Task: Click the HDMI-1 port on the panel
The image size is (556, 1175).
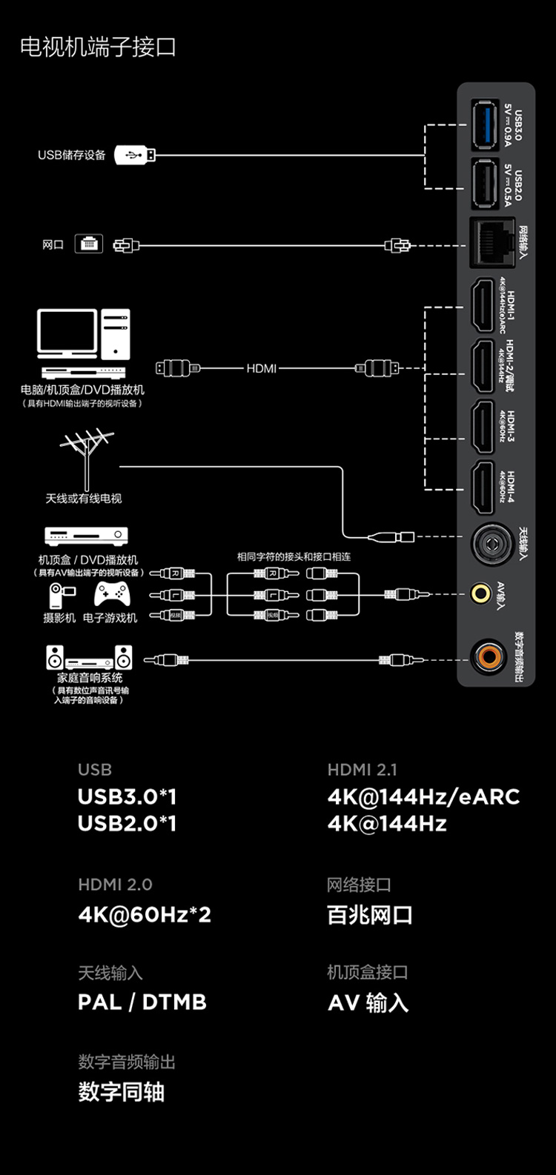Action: coord(483,305)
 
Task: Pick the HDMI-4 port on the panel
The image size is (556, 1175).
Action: coord(483,487)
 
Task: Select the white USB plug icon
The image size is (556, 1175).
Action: coord(135,155)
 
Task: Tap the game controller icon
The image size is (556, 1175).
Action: coord(111,594)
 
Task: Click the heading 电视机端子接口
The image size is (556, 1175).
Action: coord(98,47)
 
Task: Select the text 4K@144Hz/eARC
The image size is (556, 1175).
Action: coord(423,796)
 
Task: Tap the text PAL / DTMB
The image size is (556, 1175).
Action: coord(142,1002)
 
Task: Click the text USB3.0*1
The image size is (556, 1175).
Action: coord(128,796)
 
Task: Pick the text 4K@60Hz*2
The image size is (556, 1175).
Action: coord(145,914)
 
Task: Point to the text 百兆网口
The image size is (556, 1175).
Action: coord(369,915)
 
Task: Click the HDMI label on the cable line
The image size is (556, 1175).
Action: coord(261,368)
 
